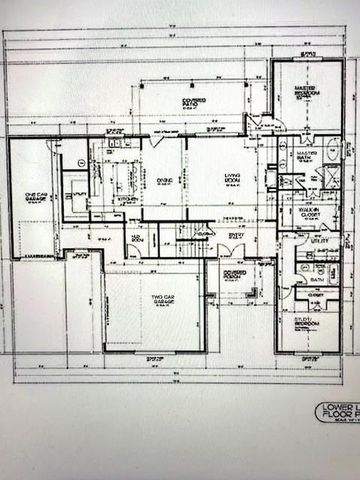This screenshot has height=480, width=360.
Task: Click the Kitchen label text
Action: point(127,199)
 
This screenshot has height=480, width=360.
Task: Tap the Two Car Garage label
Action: point(163,300)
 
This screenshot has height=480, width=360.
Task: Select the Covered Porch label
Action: point(236,274)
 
